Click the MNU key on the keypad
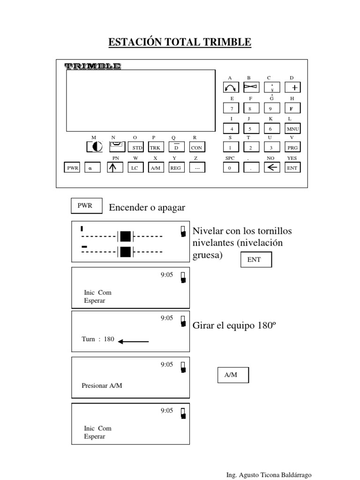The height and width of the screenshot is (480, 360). click(292, 128)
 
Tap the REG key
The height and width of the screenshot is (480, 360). click(176, 168)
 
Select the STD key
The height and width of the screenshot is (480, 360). click(135, 147)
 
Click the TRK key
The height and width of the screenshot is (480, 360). click(156, 147)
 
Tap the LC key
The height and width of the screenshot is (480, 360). click(135, 168)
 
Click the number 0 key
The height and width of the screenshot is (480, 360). click(231, 167)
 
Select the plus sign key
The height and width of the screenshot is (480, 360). click(292, 88)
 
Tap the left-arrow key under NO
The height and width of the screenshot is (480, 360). click(272, 167)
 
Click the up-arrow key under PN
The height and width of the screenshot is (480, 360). click(115, 168)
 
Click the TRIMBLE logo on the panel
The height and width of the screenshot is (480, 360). click(93, 66)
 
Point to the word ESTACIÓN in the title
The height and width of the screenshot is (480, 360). click(135, 42)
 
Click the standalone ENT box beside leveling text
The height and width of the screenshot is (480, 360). click(256, 260)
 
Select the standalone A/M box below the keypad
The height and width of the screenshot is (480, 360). click(233, 375)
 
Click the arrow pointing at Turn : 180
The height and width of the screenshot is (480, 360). click(134, 341)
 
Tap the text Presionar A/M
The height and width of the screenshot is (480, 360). click(102, 385)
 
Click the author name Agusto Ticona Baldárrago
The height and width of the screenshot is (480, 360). click(275, 475)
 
